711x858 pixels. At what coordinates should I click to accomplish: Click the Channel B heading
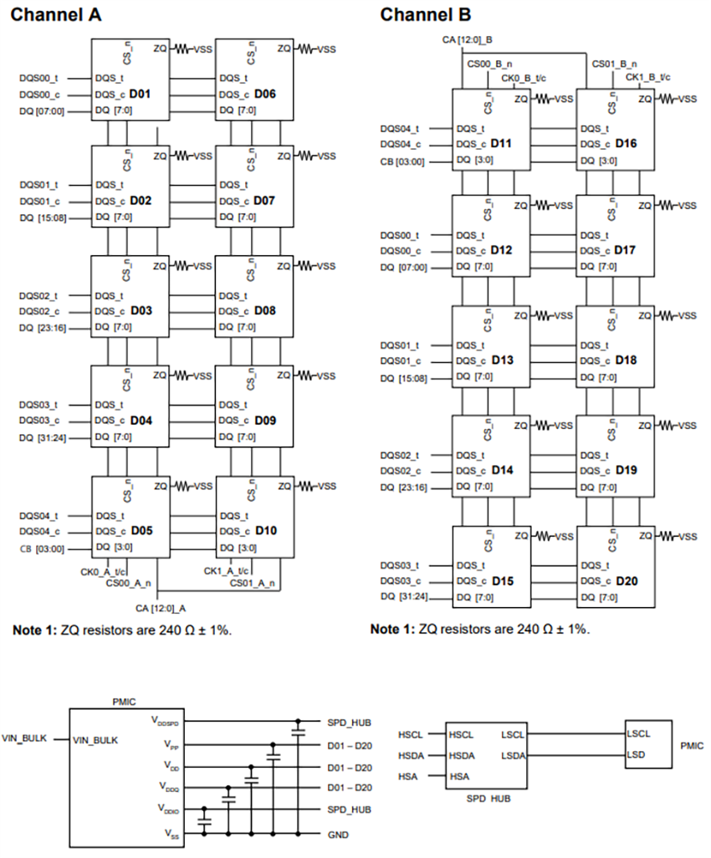pos(426,15)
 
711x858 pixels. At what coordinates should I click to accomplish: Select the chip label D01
pos(140,94)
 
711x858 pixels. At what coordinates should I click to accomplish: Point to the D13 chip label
pos(502,360)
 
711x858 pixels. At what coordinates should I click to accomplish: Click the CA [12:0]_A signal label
pos(160,608)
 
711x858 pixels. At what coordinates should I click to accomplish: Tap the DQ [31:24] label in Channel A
pos(43,438)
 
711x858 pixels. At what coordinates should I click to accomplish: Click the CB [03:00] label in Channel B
pos(402,161)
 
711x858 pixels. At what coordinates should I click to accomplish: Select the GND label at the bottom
pos(338,835)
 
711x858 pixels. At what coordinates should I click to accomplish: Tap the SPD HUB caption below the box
pos(488,799)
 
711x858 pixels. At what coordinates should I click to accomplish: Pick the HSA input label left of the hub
pos(410,777)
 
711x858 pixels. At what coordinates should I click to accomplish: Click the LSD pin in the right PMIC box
pos(637,754)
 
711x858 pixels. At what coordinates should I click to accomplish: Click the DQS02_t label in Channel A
pos(39,296)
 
